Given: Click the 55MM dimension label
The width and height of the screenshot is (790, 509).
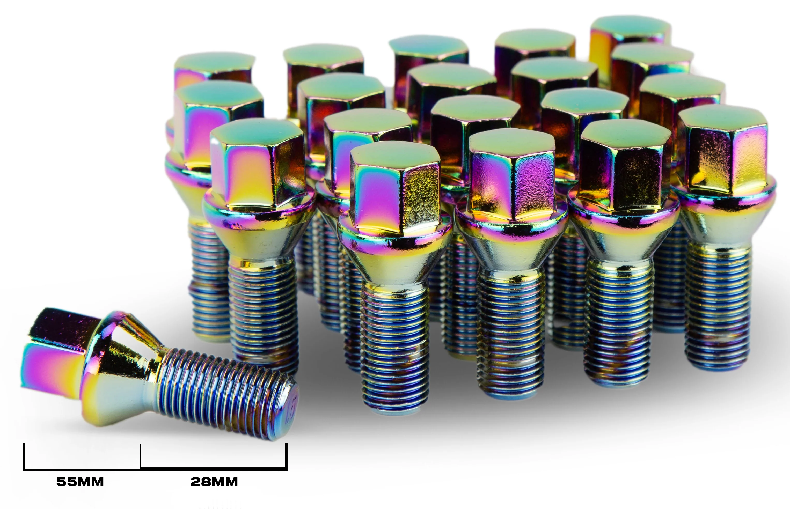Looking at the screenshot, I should [80, 482].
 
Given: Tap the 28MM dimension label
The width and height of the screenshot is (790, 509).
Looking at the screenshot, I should [214, 482].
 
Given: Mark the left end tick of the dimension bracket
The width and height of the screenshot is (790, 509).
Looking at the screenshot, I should [24, 456].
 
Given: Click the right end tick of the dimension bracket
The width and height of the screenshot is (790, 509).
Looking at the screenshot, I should [286, 456].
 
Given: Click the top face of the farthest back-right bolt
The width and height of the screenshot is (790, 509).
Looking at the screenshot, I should [630, 26].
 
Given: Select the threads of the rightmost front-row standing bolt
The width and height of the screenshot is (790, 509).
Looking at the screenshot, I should [717, 307].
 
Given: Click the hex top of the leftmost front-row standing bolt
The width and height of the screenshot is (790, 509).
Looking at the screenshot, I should [256, 132].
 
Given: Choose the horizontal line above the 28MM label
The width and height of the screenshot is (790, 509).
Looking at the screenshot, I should [213, 468].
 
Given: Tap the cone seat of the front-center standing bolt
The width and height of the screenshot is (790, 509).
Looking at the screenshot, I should [393, 264].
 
